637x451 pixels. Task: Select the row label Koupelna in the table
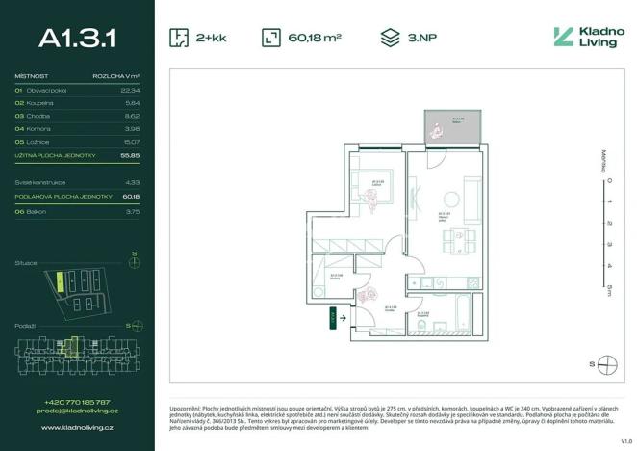coord(41,102)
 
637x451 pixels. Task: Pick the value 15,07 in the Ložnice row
coord(131,141)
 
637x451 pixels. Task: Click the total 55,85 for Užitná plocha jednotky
coord(131,154)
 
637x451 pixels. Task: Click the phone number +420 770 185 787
coord(77,402)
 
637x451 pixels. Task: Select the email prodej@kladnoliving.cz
coord(77,411)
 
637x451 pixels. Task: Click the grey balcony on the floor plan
coord(453,126)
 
